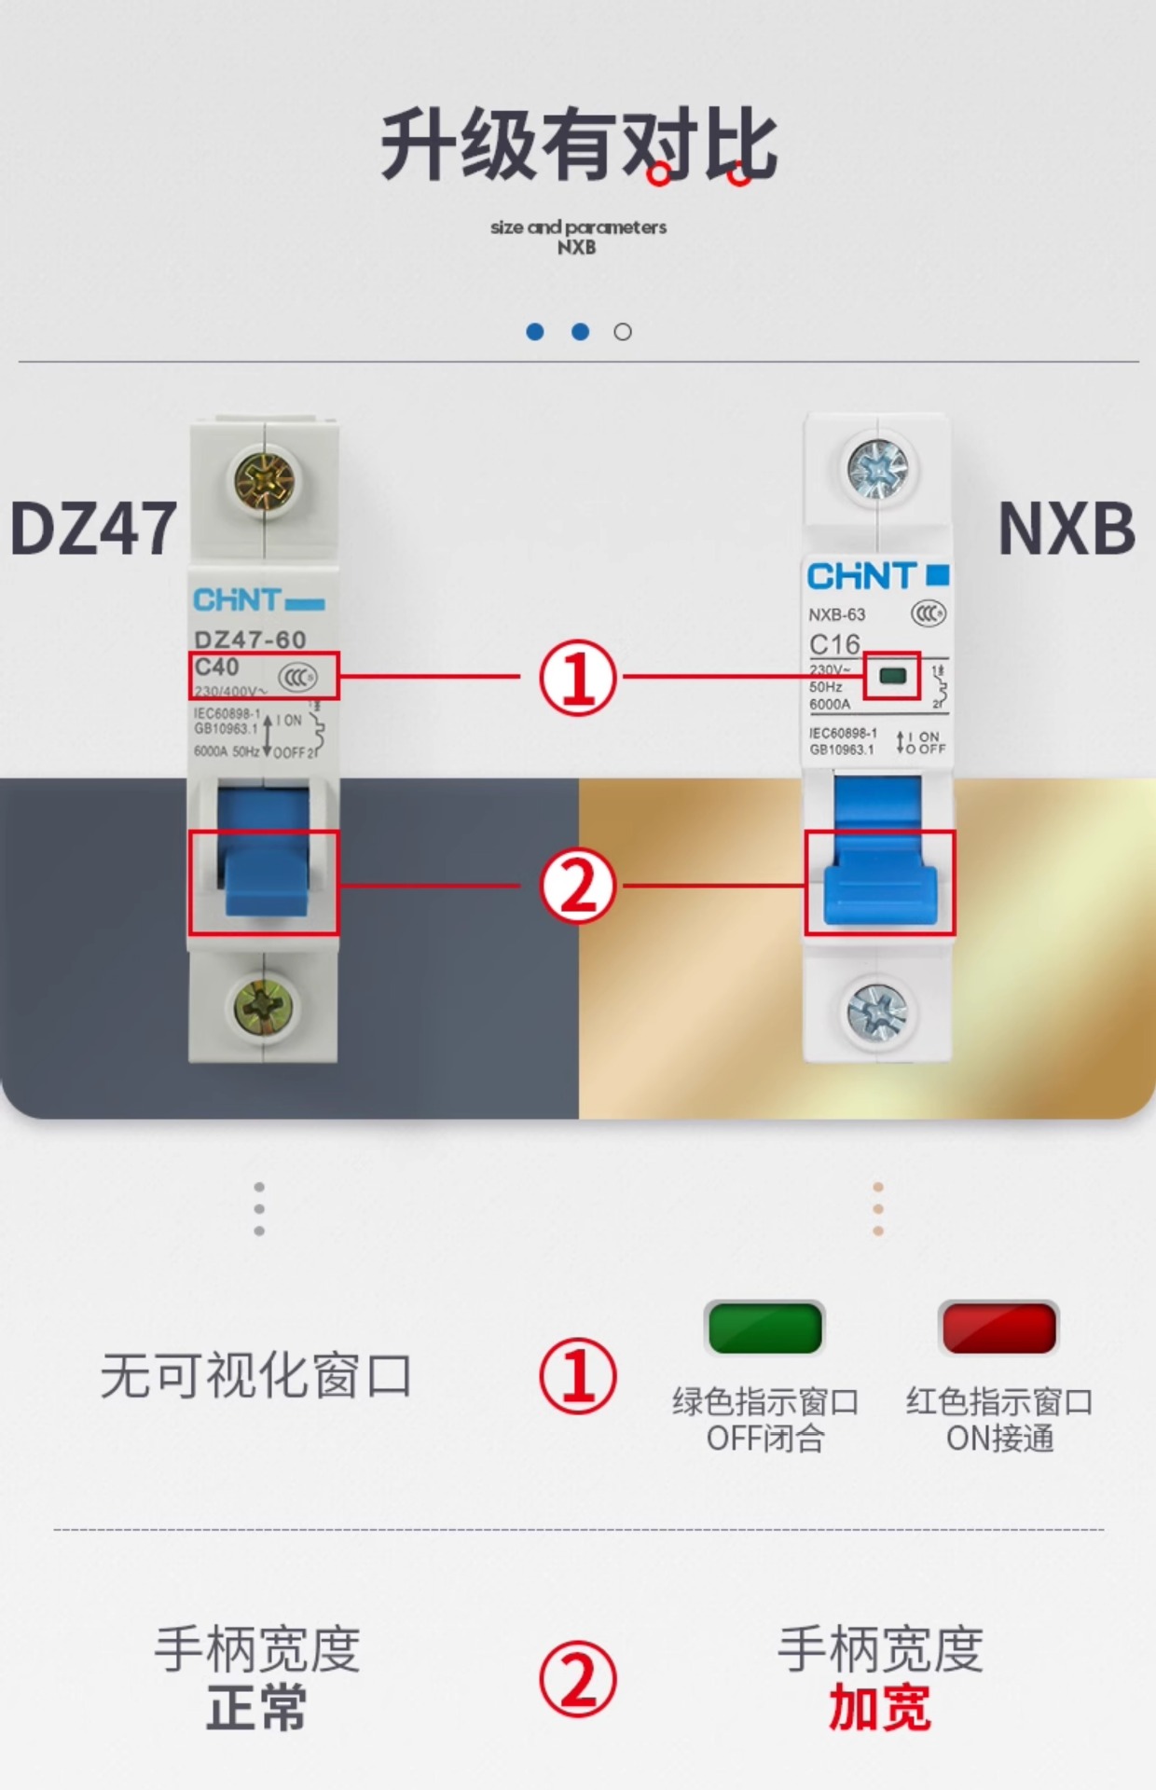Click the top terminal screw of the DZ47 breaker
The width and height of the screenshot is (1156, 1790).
click(x=264, y=481)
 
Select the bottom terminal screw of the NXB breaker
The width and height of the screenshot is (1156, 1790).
click(x=877, y=1012)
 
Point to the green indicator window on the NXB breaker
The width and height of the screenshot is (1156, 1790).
click(x=892, y=675)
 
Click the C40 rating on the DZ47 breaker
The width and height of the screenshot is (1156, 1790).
click(x=217, y=668)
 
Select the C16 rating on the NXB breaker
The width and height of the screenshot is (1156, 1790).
click(x=834, y=644)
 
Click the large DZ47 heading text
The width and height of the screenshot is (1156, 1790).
click(x=93, y=529)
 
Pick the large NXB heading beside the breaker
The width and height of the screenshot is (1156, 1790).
click(x=1067, y=529)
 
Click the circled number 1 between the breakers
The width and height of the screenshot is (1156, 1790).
click(x=578, y=678)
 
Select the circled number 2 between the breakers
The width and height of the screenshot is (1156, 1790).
click(x=578, y=886)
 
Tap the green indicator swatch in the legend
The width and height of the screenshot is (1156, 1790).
click(x=764, y=1328)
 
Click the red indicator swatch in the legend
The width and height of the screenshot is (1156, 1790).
click(x=998, y=1328)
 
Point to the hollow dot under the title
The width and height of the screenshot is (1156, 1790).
click(x=623, y=332)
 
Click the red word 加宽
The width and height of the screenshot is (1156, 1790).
click(x=879, y=1708)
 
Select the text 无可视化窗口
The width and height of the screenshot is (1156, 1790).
click(x=256, y=1375)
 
